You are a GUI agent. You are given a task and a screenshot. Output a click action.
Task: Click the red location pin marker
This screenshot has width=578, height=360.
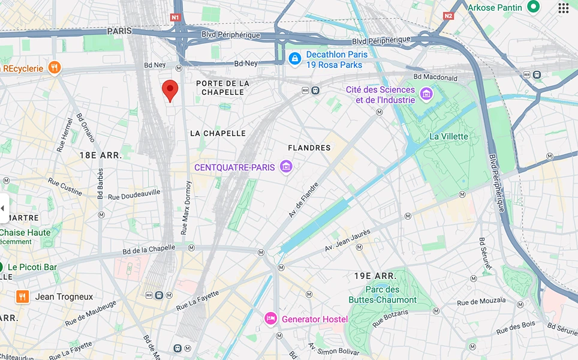(170, 91)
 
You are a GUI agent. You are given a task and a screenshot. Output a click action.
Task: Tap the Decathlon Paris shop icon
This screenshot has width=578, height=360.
(294, 59)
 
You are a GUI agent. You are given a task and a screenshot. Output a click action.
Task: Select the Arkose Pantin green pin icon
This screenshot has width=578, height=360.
(533, 7)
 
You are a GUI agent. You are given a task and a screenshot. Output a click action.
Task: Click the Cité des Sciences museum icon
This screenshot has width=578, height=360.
(426, 94)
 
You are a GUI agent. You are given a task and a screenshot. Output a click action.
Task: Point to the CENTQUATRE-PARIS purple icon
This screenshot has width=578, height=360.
(286, 167)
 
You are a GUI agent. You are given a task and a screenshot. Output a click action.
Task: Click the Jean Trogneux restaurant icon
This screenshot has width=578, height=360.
(22, 296)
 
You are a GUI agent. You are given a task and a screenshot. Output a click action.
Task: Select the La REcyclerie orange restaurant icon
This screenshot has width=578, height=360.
(54, 68)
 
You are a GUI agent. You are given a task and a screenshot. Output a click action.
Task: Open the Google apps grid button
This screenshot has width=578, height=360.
(563, 8)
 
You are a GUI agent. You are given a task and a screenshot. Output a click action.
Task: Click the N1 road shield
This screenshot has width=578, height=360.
(175, 17)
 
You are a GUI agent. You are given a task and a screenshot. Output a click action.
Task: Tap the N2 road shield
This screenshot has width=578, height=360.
(448, 16)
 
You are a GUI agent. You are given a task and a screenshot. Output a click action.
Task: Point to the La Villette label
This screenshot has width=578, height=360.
(448, 136)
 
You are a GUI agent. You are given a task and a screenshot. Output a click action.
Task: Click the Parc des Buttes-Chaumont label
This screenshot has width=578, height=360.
(383, 295)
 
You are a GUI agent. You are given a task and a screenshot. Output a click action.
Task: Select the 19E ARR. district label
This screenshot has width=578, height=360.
(375, 276)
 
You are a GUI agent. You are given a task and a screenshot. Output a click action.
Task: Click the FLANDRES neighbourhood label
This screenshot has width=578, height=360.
(309, 148)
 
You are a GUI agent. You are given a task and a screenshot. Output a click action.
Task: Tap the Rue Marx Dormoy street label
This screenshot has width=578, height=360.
(185, 207)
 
